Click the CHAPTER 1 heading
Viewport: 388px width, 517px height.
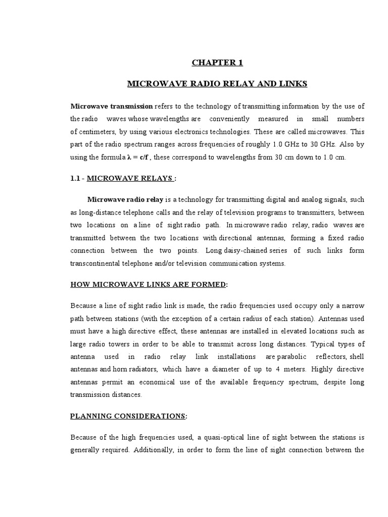pos(217,63)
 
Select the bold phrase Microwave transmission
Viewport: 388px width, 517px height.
pos(112,106)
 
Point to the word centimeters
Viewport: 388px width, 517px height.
pos(91,131)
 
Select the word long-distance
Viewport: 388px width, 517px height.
pos(107,212)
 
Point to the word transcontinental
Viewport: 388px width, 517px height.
pos(96,263)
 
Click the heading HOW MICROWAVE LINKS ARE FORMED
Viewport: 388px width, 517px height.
pos(148,284)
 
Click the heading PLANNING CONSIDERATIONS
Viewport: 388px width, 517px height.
pos(127,416)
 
